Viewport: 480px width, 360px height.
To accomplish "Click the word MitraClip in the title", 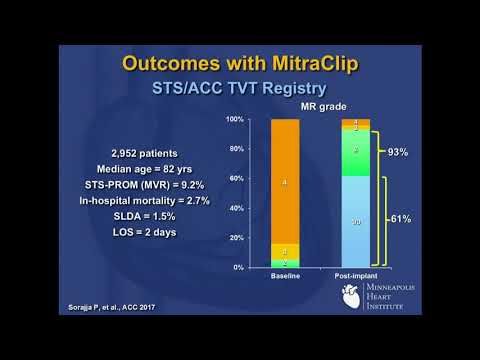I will click(x=310, y=62).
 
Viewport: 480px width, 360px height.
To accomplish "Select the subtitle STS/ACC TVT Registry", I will click(x=240, y=89).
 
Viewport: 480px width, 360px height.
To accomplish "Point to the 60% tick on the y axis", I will click(x=235, y=179).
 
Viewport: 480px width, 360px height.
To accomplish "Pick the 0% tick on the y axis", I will click(x=237, y=268).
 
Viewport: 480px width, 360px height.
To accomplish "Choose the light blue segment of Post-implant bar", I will click(x=356, y=222).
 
